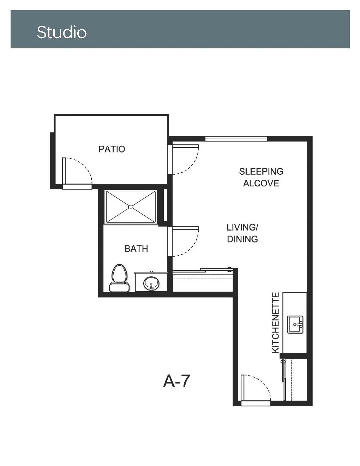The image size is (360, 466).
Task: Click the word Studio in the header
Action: point(61,32)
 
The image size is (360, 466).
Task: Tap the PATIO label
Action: point(112,149)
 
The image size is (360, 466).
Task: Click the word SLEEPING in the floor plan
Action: point(261,171)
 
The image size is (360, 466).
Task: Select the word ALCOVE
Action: point(261,183)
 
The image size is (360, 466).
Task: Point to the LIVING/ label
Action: point(242,227)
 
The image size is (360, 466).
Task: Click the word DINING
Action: point(242,239)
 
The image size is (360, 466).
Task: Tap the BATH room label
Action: point(136,249)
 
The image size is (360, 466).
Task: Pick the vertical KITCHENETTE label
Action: point(276,323)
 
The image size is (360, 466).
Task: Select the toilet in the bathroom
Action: point(119,278)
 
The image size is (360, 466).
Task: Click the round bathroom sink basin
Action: point(151,283)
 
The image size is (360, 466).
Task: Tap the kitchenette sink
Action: point(295,324)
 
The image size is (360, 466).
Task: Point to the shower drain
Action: point(131,207)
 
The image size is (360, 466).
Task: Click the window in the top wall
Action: point(236,138)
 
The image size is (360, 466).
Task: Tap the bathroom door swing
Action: point(183,241)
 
